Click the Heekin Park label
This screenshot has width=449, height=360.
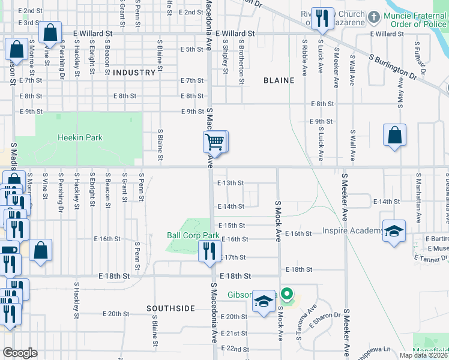(x=80, y=137)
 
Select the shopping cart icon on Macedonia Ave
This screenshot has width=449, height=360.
(x=214, y=143)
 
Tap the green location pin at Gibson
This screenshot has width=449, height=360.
(x=288, y=295)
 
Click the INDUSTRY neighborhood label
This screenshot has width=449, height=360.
(x=134, y=73)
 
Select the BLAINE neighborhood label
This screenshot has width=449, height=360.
(x=279, y=80)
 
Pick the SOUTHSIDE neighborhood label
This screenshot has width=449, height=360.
(x=171, y=308)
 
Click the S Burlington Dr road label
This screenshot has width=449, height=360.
(x=393, y=65)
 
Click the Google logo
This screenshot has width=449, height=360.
(x=20, y=352)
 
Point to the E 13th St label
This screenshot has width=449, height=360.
(x=231, y=183)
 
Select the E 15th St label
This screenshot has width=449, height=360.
(x=232, y=225)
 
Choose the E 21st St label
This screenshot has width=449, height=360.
(x=233, y=333)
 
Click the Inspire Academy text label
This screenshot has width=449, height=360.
(x=352, y=231)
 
